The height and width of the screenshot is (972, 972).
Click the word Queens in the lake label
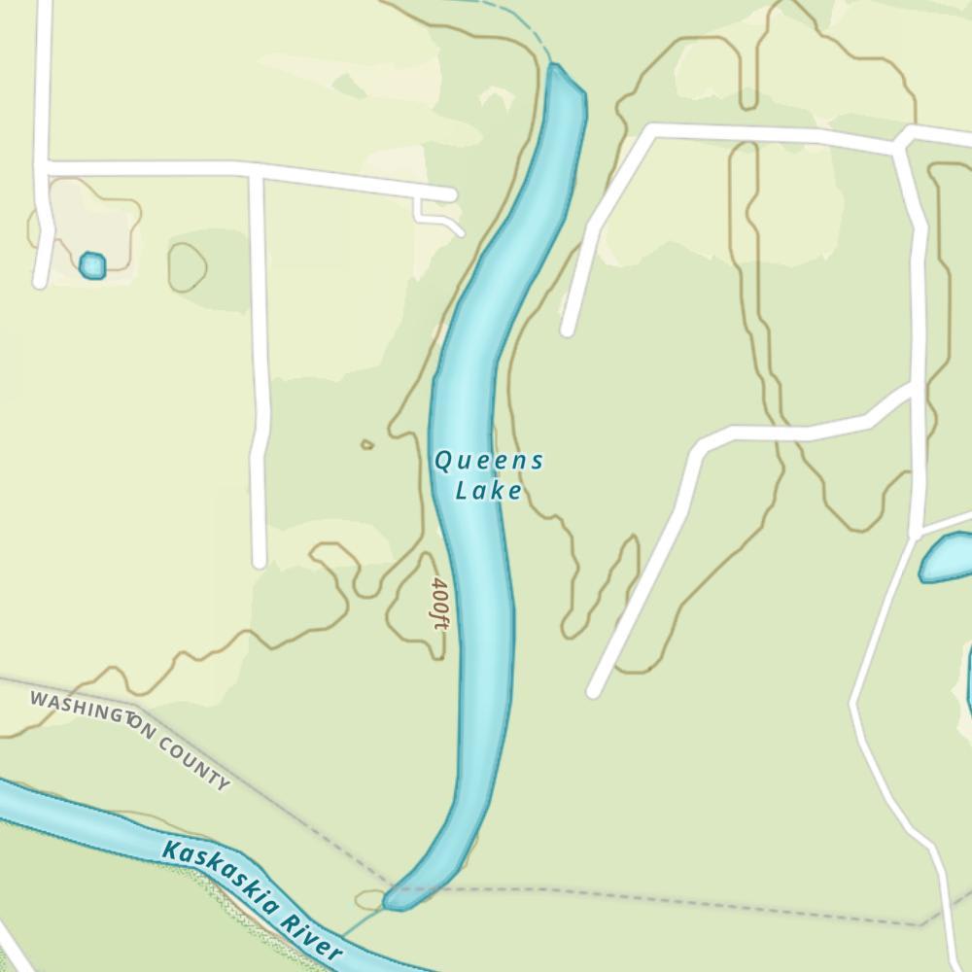pyautogui.click(x=488, y=461)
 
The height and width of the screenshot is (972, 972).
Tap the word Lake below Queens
pyautogui.click(x=489, y=491)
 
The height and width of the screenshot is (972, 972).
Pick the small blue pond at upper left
pyautogui.click(x=92, y=265)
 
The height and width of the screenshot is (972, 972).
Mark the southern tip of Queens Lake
pyautogui.click(x=392, y=903)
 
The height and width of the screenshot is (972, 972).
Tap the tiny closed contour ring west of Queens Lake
pyautogui.click(x=366, y=445)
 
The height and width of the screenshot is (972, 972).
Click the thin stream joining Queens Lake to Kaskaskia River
pyautogui.click(x=362, y=923)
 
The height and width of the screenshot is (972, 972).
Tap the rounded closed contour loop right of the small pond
pyautogui.click(x=187, y=266)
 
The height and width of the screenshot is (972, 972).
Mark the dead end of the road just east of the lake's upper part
pyautogui.click(x=568, y=330)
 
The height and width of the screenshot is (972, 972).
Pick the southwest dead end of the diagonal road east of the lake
pyautogui.click(x=593, y=691)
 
